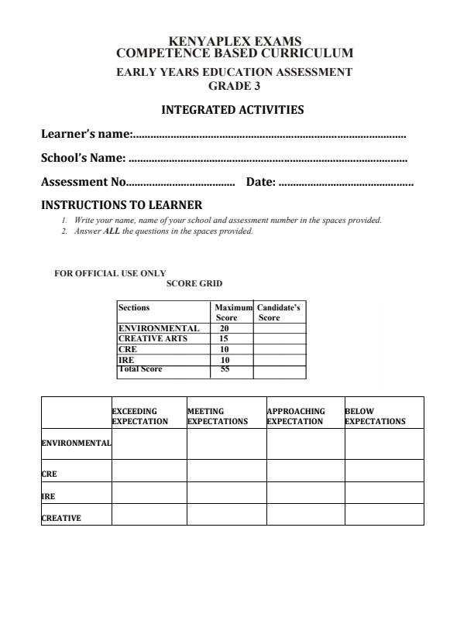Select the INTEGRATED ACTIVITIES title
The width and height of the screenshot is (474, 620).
pos(232,111)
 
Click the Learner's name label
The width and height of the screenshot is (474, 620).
pos(87,135)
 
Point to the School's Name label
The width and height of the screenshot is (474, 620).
pos(83,159)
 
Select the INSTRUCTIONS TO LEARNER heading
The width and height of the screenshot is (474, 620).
pos(122,206)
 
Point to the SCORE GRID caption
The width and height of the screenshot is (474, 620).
pos(194,284)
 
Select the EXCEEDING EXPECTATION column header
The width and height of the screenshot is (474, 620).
pos(140,416)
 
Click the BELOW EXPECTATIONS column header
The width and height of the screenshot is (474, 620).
pos(375,416)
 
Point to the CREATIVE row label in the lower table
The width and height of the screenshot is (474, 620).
pos(60,519)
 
